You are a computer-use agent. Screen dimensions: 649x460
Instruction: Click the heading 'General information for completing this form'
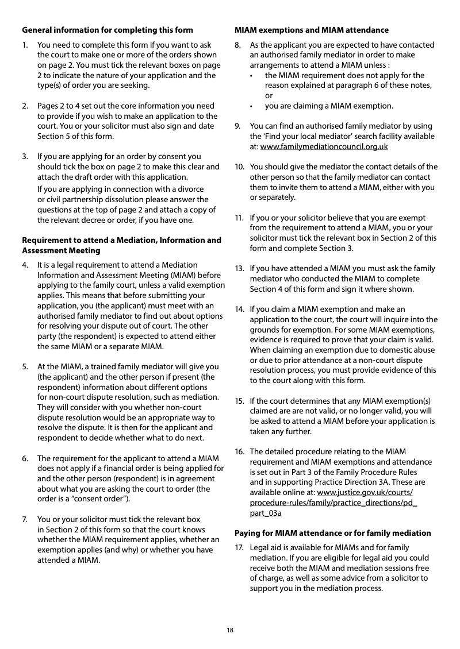point(108,30)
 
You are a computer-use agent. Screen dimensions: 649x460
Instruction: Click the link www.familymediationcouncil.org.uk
point(324,146)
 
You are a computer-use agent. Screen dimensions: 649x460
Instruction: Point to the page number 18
point(230,630)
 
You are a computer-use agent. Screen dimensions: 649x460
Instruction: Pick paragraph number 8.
point(237,45)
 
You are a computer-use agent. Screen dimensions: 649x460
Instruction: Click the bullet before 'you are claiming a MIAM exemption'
point(251,106)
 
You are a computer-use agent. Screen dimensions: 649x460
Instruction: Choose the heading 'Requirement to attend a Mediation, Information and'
point(121,240)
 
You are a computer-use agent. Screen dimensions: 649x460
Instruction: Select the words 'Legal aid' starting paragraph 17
point(266,547)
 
